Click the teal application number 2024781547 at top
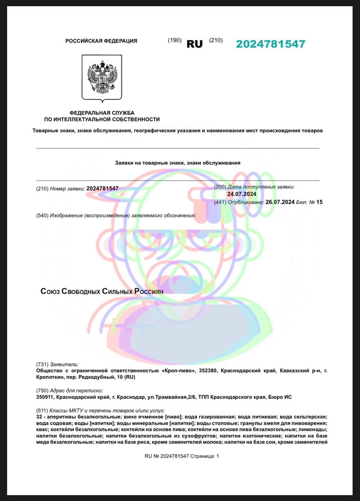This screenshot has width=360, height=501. coord(270,44)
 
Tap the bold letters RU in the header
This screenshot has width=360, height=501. coord(195,44)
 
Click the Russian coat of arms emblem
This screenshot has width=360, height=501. coord(102,77)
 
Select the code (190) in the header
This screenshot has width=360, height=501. coord(175,40)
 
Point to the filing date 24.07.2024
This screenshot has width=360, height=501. coord(242,194)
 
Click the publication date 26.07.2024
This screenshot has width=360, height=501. coord(280,202)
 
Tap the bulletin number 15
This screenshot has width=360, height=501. coord(319,202)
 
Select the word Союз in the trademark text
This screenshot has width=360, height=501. coord(50,291)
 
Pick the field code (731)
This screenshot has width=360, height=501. coord(42,364)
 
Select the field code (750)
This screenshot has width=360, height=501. coord(42,390)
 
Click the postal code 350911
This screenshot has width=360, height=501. coord(45,397)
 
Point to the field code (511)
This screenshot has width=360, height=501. coord(42,410)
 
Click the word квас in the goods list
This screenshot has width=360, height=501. coord(42,429)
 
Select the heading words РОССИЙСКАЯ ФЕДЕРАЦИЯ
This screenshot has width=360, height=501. coord(101,41)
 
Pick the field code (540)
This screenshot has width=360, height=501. coord(42,216)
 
